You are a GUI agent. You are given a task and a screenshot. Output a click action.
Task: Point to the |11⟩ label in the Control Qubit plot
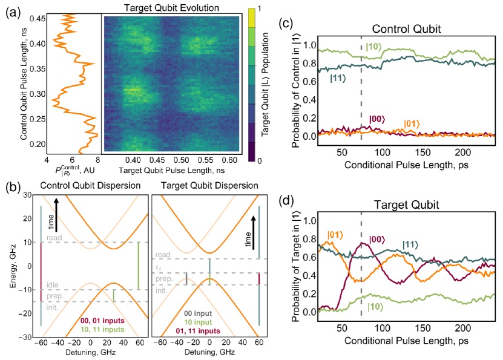point(338,78)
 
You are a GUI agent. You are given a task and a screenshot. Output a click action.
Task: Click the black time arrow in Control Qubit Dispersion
point(56,215)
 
